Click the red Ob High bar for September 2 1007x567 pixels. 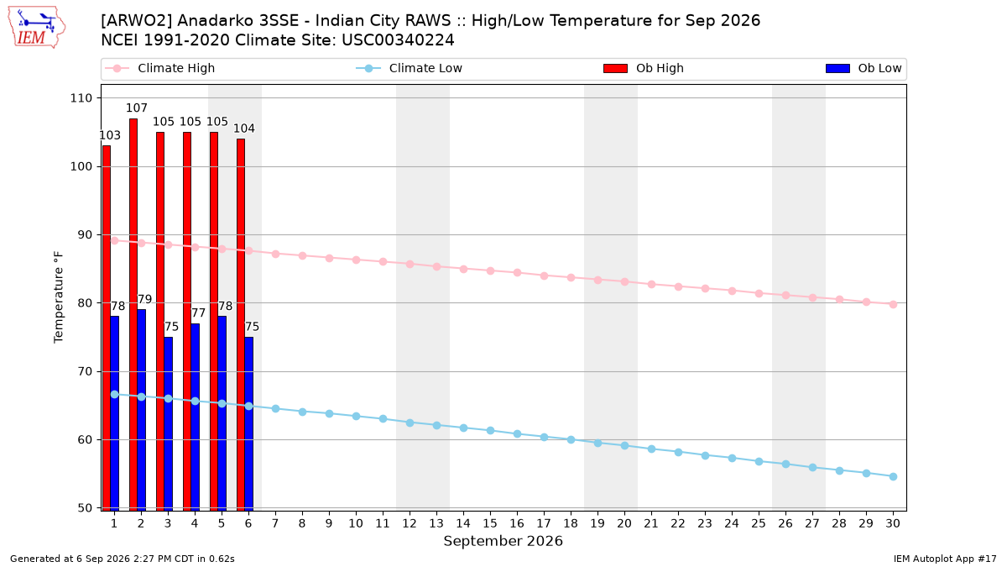(x=133, y=314)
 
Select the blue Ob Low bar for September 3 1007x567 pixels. (x=168, y=423)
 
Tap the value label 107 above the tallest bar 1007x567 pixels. (x=137, y=108)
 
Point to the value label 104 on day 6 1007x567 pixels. (x=244, y=129)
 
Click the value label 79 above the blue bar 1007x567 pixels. (x=144, y=299)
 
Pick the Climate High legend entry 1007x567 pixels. (x=160, y=68)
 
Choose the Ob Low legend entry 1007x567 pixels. (x=864, y=68)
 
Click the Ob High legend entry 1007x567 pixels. (x=644, y=68)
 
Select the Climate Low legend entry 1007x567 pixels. (x=410, y=68)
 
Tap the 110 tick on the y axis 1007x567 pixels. (x=81, y=98)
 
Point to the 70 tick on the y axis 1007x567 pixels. (x=85, y=371)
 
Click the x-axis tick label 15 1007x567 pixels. (x=490, y=523)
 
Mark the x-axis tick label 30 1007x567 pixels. (x=893, y=523)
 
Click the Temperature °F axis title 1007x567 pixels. (x=59, y=297)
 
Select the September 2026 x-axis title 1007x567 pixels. (x=503, y=541)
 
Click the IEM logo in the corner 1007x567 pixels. (x=37, y=28)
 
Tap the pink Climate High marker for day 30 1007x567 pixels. (x=893, y=305)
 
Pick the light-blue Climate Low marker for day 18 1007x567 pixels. (x=571, y=439)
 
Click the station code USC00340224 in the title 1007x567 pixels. (x=398, y=40)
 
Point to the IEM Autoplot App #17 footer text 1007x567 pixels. (x=945, y=559)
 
